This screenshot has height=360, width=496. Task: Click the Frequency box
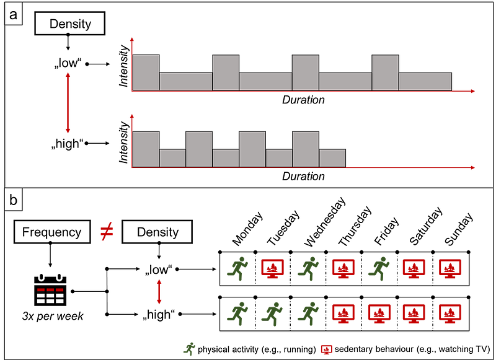(x=52, y=232)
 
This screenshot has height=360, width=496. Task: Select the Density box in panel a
(x=69, y=24)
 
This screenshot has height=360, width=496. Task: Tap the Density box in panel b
(x=157, y=232)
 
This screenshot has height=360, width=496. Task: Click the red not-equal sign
(x=107, y=232)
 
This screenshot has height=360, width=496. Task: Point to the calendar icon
(x=50, y=290)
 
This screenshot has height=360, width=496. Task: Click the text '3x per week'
(x=53, y=316)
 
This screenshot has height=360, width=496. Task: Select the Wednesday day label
(x=324, y=222)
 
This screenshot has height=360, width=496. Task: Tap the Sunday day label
(x=459, y=229)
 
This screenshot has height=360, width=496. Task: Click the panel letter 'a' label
(x=13, y=14)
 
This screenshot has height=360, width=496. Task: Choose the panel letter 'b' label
(x=13, y=200)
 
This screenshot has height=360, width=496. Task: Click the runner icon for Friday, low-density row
(x=379, y=269)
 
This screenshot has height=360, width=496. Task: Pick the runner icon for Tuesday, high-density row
(x=272, y=314)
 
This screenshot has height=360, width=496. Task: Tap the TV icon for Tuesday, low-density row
(x=273, y=269)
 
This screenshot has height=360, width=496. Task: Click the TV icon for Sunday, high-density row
(x=450, y=314)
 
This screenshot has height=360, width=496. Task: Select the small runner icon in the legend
(x=189, y=349)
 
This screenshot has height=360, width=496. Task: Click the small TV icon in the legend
(x=327, y=349)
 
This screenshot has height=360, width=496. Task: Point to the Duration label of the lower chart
(x=303, y=177)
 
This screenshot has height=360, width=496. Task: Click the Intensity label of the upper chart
(x=123, y=66)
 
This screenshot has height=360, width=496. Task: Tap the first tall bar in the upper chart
(x=146, y=72)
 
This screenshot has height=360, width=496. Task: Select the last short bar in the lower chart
(x=332, y=158)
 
